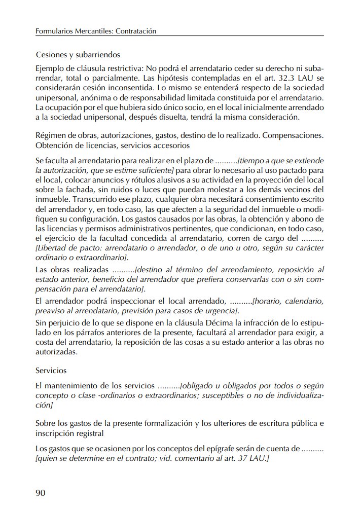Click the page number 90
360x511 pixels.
(42, 492)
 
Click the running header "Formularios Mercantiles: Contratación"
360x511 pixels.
(95, 31)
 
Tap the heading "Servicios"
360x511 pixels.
(51, 371)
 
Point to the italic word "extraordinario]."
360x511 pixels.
(102, 258)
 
